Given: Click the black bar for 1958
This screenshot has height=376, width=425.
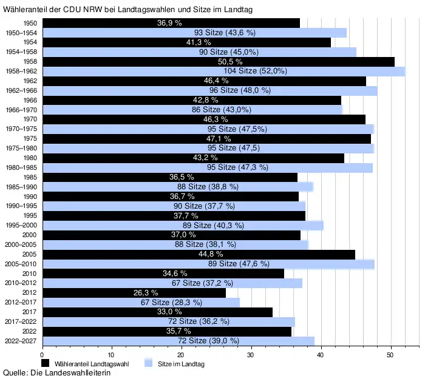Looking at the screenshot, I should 219,61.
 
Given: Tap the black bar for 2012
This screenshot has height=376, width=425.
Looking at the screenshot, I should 134,292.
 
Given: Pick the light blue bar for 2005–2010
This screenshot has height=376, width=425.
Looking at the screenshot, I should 208,264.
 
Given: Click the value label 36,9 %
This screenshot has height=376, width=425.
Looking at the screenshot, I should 170,23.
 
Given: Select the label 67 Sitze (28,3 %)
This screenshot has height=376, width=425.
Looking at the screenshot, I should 171,302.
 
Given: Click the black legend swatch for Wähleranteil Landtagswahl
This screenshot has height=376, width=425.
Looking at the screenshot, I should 45,363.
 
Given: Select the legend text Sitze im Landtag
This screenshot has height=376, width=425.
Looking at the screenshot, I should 181,363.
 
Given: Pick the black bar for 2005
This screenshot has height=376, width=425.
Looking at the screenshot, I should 199,254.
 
